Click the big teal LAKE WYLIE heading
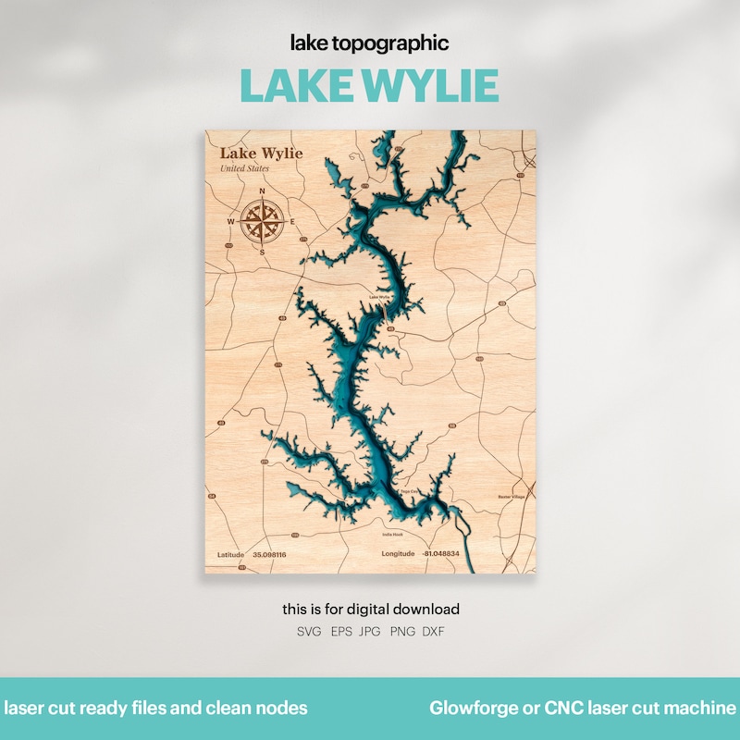369,85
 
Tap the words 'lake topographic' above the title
369,43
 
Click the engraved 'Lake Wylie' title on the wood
261,153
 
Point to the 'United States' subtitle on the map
245,168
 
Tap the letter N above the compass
263,192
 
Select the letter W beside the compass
231,222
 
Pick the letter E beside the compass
293,222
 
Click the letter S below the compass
263,252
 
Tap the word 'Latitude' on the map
230,554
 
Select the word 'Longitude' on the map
399,554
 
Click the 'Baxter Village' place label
510,497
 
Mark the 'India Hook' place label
393,534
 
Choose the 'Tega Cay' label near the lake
409,491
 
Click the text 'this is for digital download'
370,610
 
